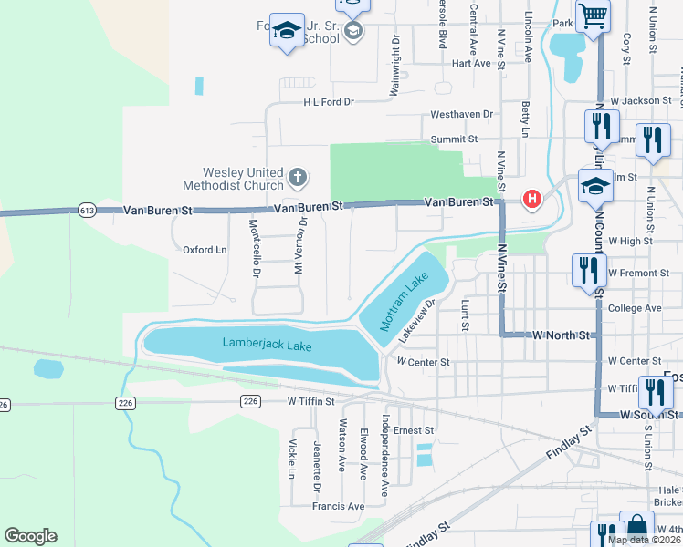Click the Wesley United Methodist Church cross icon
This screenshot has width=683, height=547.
pyautogui.click(x=296, y=176)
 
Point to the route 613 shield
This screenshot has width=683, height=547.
pyautogui.click(x=87, y=210)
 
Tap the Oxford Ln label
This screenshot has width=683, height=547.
pyautogui.click(x=205, y=250)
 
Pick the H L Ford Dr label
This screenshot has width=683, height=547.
pyautogui.click(x=329, y=102)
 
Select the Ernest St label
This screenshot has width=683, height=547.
pyautogui.click(x=414, y=430)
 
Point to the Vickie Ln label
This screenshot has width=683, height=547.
pyautogui.click(x=292, y=460)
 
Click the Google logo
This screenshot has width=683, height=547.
pyautogui.click(x=30, y=536)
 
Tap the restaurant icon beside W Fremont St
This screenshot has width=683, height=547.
pyautogui.click(x=586, y=270)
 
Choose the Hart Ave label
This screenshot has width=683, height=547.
pyautogui.click(x=471, y=64)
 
